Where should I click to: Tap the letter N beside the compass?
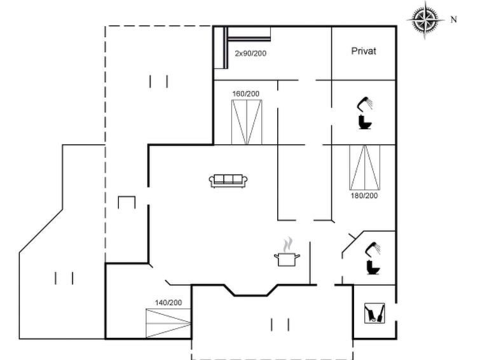[454, 20]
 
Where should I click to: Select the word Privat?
[364, 51]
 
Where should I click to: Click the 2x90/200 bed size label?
[250, 53]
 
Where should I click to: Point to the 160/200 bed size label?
[245, 94]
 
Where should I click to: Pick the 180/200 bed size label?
[364, 196]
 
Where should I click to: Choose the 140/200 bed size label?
[168, 303]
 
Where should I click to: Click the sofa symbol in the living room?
[228, 181]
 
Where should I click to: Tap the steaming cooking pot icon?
[287, 253]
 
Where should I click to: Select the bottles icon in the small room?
[373, 313]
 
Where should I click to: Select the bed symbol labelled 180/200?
[364, 167]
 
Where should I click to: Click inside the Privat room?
[364, 64]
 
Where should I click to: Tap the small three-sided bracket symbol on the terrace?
[127, 202]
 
